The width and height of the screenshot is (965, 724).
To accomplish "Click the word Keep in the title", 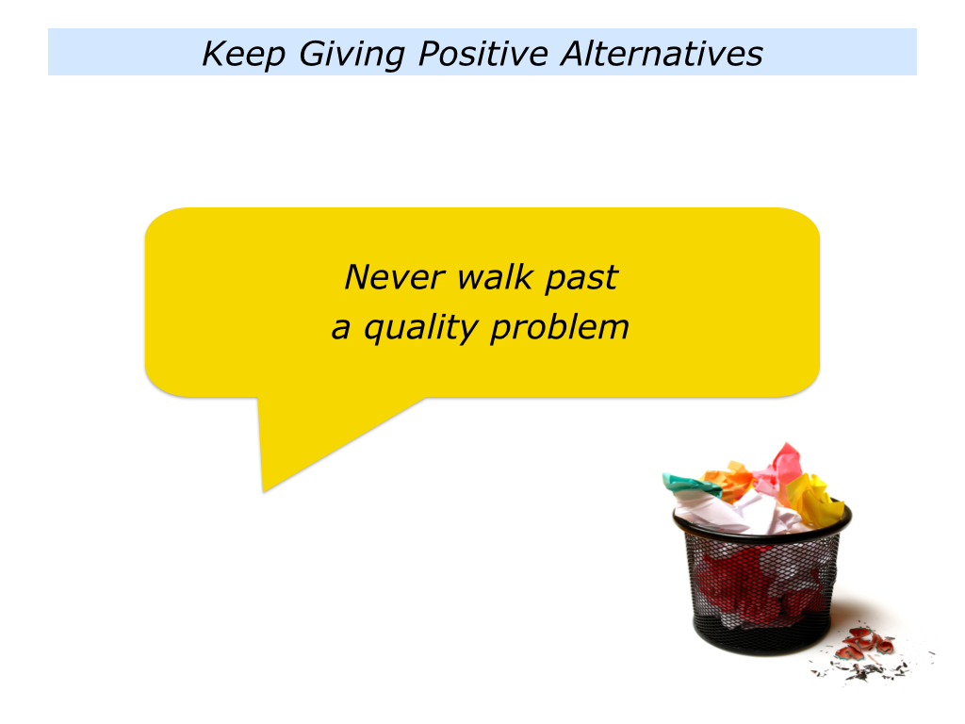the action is point(244,54).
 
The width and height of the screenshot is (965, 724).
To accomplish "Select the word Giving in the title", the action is point(352,54).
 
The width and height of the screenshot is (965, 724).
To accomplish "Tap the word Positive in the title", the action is point(483,53).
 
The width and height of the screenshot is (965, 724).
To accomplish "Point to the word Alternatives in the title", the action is point(662,53).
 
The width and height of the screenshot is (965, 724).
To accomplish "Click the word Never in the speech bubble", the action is point(395,277).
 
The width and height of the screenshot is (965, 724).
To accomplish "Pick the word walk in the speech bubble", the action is point(496,276).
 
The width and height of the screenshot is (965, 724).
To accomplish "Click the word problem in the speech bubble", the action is point(560,327).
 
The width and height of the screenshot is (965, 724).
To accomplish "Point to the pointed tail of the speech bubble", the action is point(264,491).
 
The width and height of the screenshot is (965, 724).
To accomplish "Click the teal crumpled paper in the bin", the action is point(691,484).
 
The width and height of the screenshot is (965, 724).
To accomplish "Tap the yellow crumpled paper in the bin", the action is point(812,499).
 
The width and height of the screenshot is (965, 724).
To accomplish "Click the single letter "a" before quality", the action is point(340,329).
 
